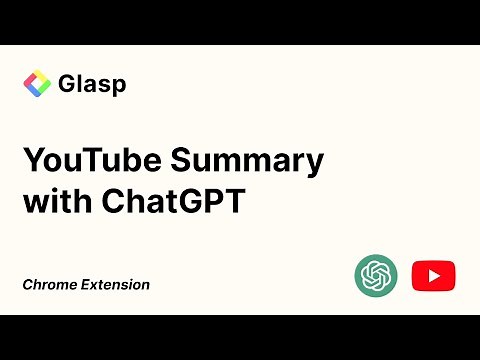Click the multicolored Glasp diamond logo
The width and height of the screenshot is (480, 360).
[x=37, y=83]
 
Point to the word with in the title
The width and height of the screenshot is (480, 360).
[x=55, y=201]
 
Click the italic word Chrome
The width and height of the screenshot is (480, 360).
[x=48, y=285]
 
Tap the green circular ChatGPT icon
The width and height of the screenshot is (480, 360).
[x=376, y=274]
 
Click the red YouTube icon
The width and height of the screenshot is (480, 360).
[x=433, y=274]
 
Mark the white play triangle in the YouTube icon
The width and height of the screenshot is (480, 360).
[x=434, y=274]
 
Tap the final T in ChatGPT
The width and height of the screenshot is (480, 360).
[x=237, y=201]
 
